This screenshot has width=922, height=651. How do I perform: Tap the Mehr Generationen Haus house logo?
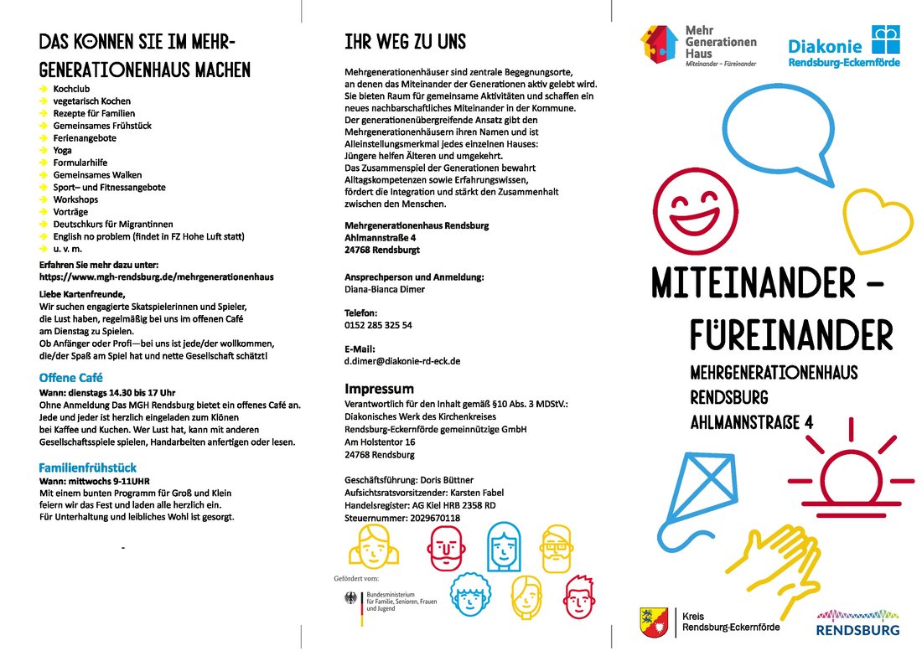(660, 46)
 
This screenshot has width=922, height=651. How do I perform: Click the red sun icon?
(849, 457)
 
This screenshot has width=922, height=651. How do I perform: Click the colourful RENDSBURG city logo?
(858, 623)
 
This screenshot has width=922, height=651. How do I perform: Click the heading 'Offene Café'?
(71, 378)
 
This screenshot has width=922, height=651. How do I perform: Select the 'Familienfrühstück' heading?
(88, 468)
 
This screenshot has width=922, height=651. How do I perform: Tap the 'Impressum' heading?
(380, 389)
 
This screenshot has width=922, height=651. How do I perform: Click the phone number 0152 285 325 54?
(378, 325)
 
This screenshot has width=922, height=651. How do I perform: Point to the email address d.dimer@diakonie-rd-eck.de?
(402, 361)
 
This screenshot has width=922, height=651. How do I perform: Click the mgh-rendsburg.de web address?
(157, 276)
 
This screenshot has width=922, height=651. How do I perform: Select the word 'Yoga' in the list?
(63, 150)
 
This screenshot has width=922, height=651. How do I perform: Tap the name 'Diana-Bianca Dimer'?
(385, 289)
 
